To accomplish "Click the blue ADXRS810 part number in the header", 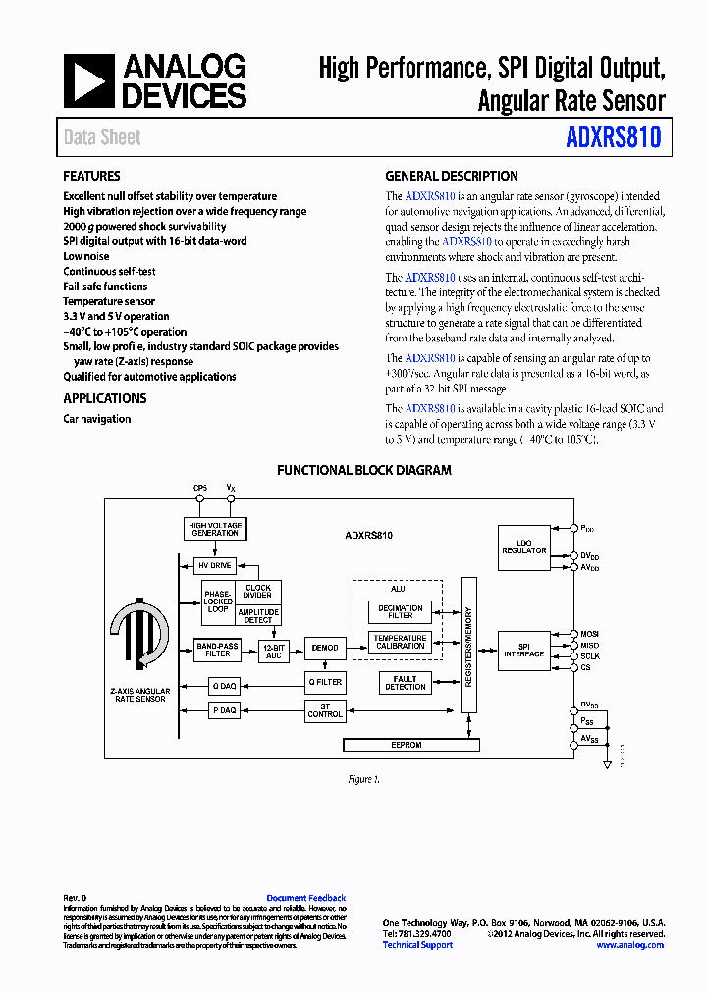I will (x=614, y=137).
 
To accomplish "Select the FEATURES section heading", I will (x=91, y=177).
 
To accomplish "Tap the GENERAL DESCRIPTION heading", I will (x=451, y=177).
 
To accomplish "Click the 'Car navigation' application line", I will (x=96, y=419).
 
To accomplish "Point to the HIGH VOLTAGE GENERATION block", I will (x=214, y=529).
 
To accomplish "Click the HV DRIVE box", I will (x=214, y=566).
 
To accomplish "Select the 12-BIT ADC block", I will (x=273, y=652).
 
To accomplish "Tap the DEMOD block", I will (x=324, y=648).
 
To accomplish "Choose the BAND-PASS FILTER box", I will (x=218, y=650).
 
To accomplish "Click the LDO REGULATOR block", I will (x=523, y=547).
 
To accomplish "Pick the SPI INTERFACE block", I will (x=523, y=651).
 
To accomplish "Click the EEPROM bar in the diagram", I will (x=407, y=746).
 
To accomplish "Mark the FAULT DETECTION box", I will (x=405, y=683).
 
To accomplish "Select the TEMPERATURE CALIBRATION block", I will (x=400, y=642).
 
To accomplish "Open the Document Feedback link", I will (x=306, y=898).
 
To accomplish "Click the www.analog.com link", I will (x=629, y=945).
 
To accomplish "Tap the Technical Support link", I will (x=417, y=945).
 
